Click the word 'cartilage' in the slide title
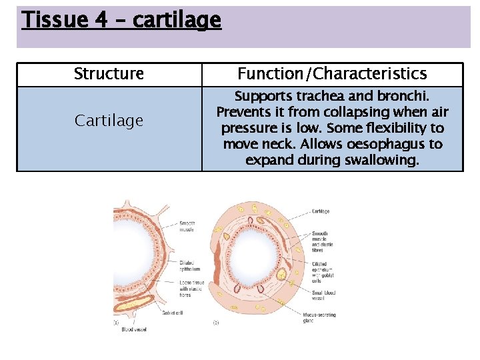click(177, 21)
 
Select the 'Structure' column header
click(109, 74)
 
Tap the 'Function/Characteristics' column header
click(332, 74)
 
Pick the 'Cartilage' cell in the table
click(109, 121)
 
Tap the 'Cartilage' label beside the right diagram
click(321, 211)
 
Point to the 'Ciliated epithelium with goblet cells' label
click(323, 272)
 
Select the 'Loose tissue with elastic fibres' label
click(193, 289)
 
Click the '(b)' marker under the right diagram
click(216, 323)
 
